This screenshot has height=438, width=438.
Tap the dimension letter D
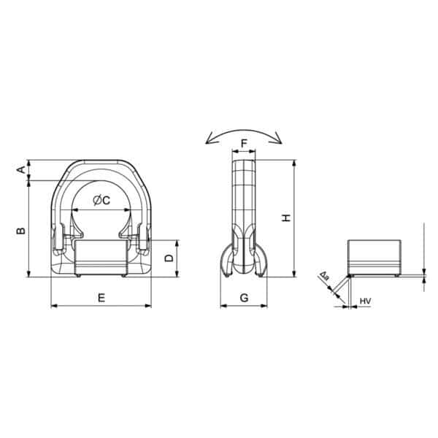pyautogui.click(x=169, y=258)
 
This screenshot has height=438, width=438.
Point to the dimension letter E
pyautogui.click(x=101, y=297)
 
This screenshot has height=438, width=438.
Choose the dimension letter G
pyautogui.click(x=244, y=297)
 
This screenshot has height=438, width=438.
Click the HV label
pyautogui.click(x=366, y=300)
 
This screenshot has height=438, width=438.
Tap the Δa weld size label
pyautogui.click(x=323, y=277)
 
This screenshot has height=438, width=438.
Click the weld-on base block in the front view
pyautogui.click(x=101, y=257)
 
